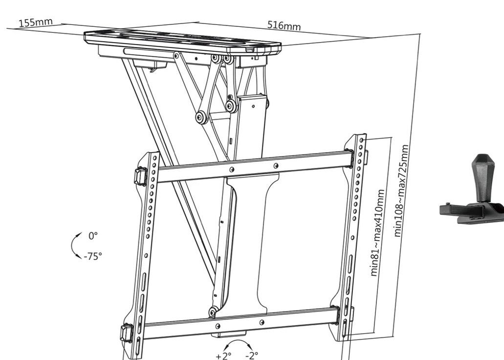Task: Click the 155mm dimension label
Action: click(x=35, y=23)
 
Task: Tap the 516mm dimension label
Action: click(x=284, y=25)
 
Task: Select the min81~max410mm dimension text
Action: click(x=377, y=233)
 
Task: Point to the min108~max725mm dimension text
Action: click(x=401, y=191)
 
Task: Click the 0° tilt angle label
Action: click(x=93, y=236)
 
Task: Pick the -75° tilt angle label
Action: click(x=92, y=256)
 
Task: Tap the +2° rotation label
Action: click(x=223, y=356)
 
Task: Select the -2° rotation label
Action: click(x=252, y=355)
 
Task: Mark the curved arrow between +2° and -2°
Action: click(x=238, y=341)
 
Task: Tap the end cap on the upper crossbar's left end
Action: click(x=140, y=176)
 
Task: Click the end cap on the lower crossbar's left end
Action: click(x=127, y=333)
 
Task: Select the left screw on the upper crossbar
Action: click(x=231, y=170)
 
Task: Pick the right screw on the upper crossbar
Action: click(x=276, y=166)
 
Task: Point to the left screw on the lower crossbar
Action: click(x=218, y=326)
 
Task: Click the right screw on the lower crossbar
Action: click(x=262, y=322)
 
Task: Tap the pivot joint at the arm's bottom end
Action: click(x=213, y=312)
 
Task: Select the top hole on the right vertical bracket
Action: click(x=362, y=140)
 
